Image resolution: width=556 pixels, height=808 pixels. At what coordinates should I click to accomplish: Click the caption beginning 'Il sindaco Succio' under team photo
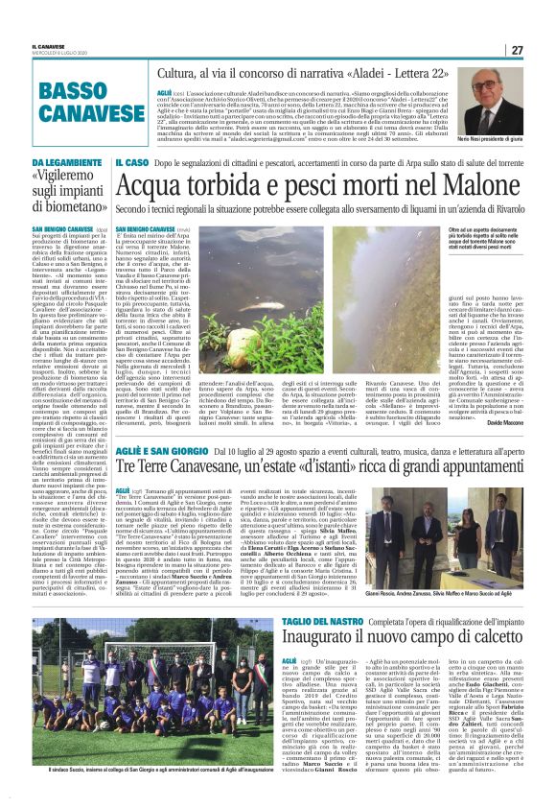[153, 796]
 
